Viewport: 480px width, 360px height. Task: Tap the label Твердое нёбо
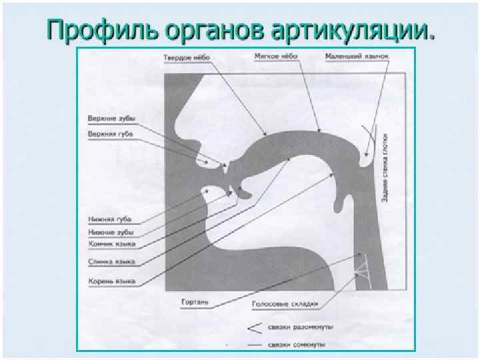coord(187,57)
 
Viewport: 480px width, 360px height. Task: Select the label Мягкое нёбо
coord(276,57)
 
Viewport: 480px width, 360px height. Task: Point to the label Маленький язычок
coord(357,56)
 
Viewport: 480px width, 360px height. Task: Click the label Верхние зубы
coord(111,119)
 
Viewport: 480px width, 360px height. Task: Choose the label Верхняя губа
coord(111,133)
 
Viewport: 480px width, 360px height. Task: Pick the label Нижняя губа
coord(110,219)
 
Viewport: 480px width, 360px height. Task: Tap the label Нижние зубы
coord(111,232)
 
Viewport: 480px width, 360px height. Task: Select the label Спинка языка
coord(112,261)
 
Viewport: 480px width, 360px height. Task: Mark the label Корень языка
coord(112,281)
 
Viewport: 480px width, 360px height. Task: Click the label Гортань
coord(195,302)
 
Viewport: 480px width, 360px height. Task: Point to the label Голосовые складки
coord(285,304)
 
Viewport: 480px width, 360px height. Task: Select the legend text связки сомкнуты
coord(297,345)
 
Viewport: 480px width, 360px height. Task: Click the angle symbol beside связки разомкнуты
coord(253,327)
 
